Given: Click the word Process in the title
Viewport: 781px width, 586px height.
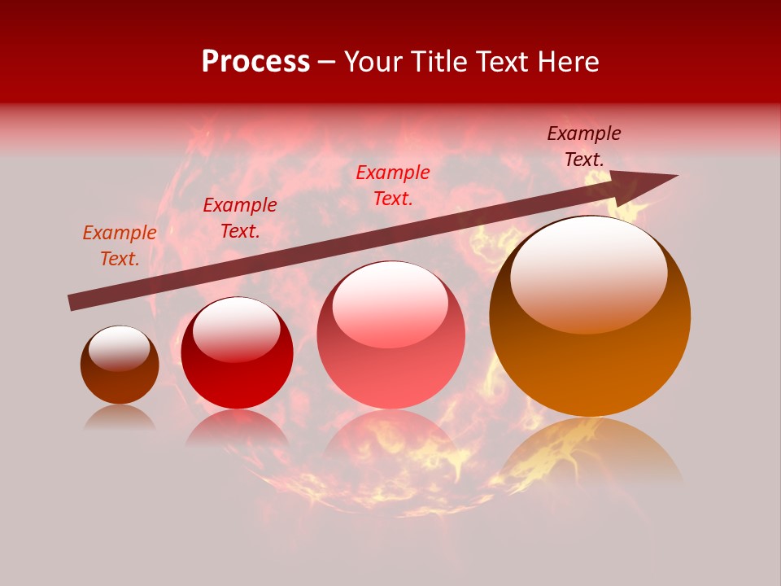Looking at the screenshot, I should click(x=255, y=62).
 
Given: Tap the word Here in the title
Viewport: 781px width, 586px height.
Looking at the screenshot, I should click(x=566, y=62).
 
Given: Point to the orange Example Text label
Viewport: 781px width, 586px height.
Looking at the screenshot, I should click(x=120, y=246).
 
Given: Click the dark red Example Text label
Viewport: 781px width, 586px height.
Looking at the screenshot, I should click(x=240, y=218).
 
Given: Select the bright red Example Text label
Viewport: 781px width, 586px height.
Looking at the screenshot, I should click(x=393, y=186).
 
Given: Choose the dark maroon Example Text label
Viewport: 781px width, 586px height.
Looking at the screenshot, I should click(x=584, y=146).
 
